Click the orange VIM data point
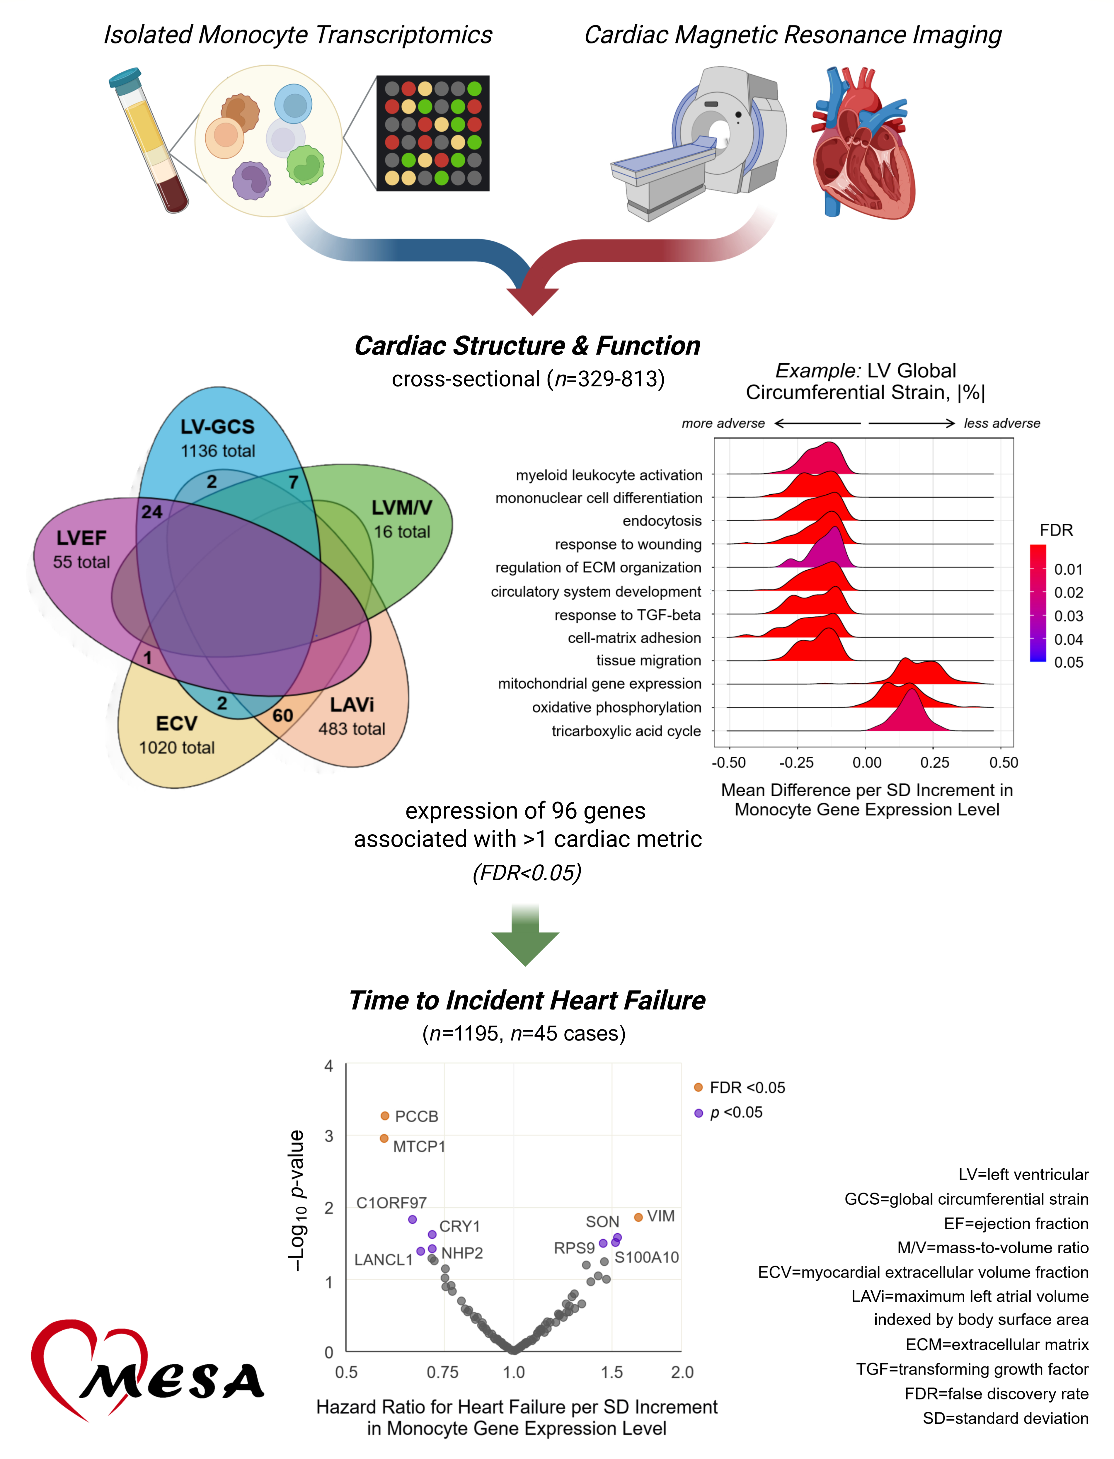[x=638, y=1217]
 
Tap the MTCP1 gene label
[x=419, y=1147]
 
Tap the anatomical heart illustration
[x=862, y=143]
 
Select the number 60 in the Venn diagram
[x=282, y=716]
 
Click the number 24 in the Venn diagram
[x=152, y=511]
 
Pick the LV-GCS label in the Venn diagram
[x=217, y=426]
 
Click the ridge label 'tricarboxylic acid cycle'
[x=626, y=731]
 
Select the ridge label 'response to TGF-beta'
[x=627, y=615]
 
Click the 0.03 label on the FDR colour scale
[x=1068, y=616]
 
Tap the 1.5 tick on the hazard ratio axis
[x=611, y=1372]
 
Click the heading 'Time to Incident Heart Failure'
[x=527, y=1000]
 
